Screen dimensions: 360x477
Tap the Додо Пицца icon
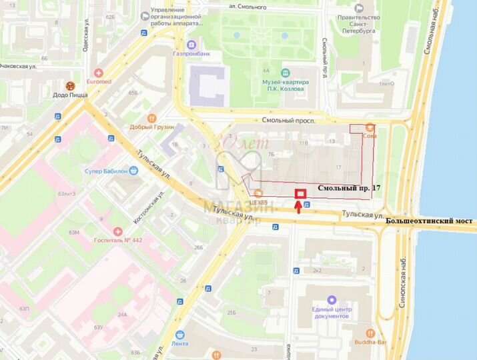click(69, 85)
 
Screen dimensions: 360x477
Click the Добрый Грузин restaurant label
click(151, 127)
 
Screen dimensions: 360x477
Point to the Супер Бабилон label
click(106, 171)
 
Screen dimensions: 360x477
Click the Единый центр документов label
click(330, 313)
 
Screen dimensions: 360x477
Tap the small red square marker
click(300, 193)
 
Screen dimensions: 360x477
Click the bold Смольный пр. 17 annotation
click(348, 189)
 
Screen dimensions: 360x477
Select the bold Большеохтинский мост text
click(430, 219)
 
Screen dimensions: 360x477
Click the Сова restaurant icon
click(370, 127)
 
